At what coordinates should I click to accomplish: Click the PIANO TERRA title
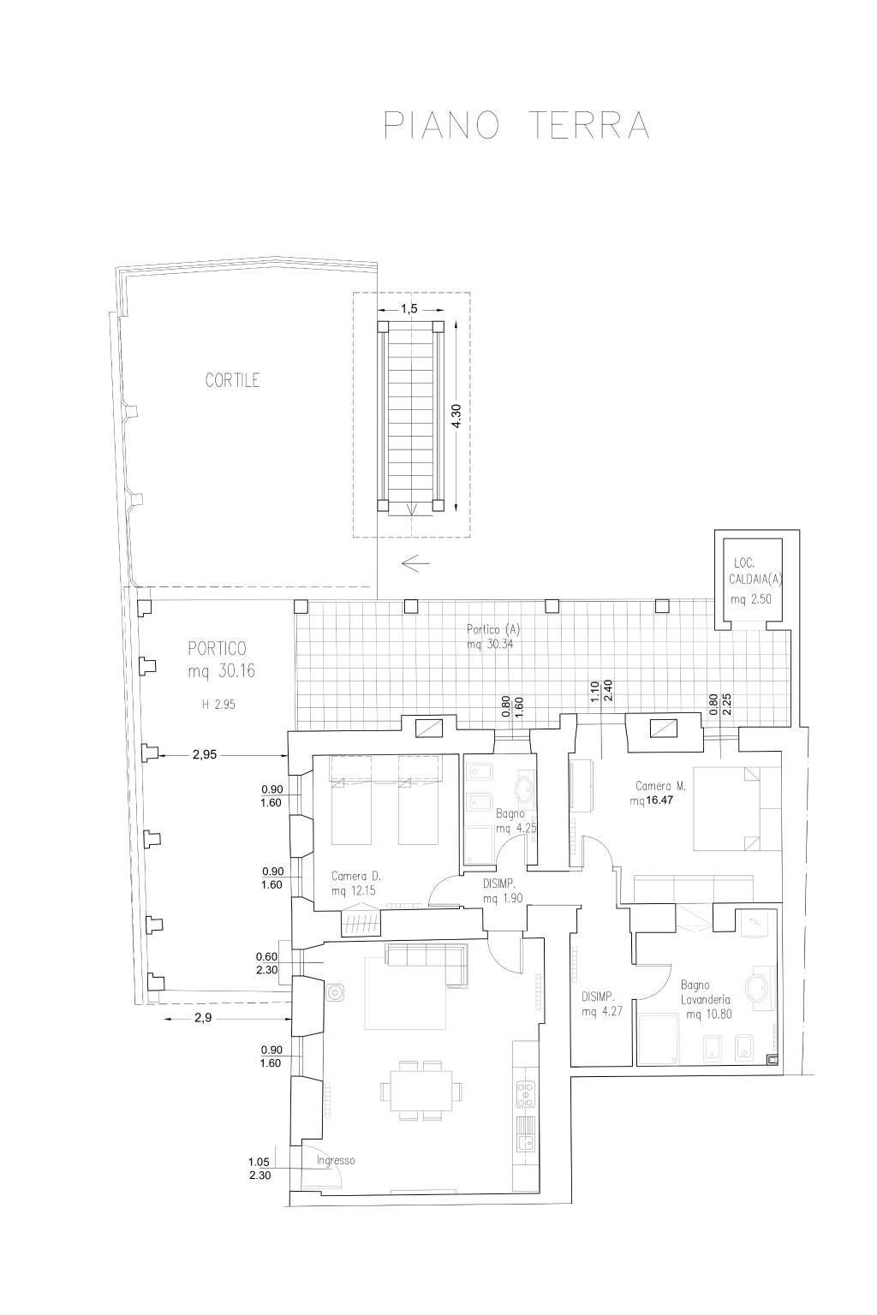[x=516, y=125]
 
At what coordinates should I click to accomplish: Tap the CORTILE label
[x=232, y=380]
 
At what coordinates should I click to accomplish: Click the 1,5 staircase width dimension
[x=409, y=309]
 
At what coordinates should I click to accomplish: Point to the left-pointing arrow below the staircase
[x=416, y=563]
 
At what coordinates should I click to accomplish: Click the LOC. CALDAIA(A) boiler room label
[x=755, y=570]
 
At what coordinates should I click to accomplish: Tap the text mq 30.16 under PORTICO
[x=222, y=671]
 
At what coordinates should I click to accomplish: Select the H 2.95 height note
[x=218, y=705]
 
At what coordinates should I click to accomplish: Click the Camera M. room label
[x=661, y=786]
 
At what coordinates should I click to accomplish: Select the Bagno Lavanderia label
[x=706, y=992]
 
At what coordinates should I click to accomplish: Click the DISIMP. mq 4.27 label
[x=598, y=1004]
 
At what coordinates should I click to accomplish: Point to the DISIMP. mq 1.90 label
[x=502, y=891]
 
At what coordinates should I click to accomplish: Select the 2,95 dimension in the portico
[x=205, y=755]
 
